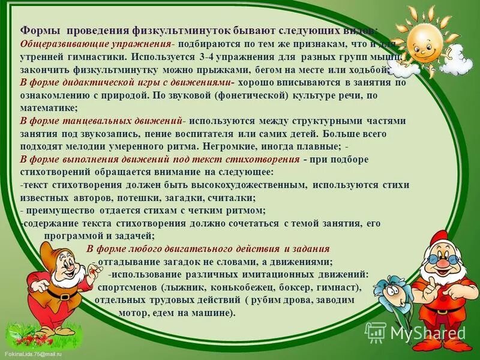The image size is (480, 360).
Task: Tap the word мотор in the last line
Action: pyautogui.click(x=134, y=313)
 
